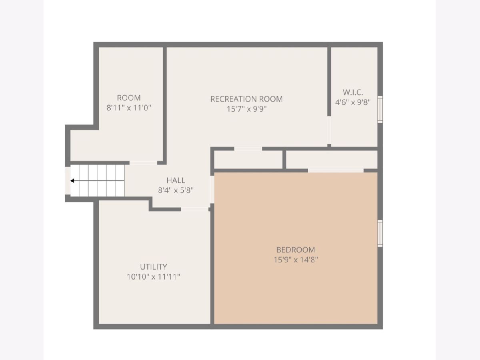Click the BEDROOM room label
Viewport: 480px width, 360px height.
pos(296,250)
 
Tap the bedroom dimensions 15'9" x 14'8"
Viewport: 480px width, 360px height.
pos(296,260)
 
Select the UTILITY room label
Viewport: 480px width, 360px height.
pos(153,267)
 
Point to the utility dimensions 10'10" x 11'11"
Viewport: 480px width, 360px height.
pos(153,277)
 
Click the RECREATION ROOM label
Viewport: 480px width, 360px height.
pos(246,99)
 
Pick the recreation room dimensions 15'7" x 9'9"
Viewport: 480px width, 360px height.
pos(246,109)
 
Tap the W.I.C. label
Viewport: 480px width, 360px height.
pos(353,92)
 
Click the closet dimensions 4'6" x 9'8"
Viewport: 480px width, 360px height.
pos(353,102)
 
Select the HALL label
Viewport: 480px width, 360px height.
pos(176,180)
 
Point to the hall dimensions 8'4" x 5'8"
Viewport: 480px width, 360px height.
pos(176,190)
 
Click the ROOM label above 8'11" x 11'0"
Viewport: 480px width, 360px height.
pos(129,98)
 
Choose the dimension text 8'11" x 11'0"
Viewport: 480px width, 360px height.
pos(129,108)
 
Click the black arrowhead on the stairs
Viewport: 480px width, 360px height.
pos(72,181)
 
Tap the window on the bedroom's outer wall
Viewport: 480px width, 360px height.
pos(380,234)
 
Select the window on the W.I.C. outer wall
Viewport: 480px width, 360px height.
pos(380,109)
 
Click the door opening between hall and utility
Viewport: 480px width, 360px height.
pos(194,209)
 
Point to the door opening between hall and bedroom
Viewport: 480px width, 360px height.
pos(212,190)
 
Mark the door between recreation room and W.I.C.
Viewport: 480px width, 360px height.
pos(329,130)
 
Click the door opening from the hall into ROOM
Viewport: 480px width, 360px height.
pos(143,163)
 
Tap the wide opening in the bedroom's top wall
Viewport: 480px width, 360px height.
pos(336,170)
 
